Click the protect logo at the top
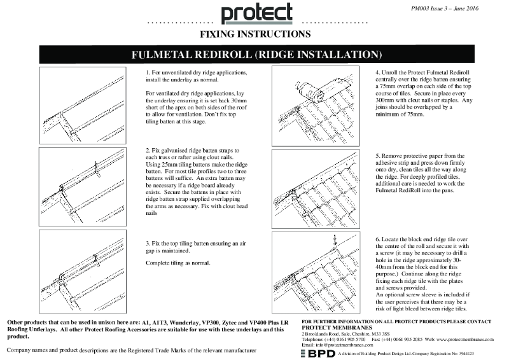256,14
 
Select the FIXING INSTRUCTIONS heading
256,34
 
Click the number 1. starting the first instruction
148,74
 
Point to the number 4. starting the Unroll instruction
377,74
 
